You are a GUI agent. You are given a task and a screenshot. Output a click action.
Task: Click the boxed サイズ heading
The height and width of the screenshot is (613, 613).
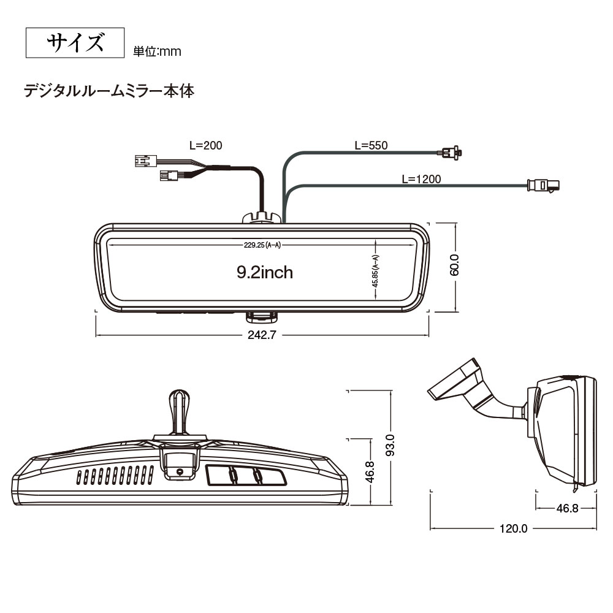click(x=75, y=44)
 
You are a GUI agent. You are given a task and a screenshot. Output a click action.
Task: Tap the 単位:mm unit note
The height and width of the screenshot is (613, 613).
click(x=157, y=51)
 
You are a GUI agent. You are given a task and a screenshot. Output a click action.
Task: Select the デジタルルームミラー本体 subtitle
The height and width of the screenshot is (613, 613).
click(x=109, y=91)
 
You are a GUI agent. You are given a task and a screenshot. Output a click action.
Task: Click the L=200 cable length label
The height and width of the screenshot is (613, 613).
click(x=205, y=145)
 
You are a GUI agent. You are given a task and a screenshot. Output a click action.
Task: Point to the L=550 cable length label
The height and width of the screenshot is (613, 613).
click(x=371, y=145)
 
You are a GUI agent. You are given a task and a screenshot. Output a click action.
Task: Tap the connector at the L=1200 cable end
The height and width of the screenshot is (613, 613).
click(x=544, y=185)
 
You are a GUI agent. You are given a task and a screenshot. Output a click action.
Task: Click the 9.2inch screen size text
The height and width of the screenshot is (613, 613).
click(x=265, y=272)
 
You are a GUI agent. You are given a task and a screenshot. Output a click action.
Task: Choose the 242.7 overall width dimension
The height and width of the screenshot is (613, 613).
click(x=262, y=335)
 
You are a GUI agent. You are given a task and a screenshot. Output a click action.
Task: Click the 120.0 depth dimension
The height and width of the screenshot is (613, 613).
click(x=513, y=528)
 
